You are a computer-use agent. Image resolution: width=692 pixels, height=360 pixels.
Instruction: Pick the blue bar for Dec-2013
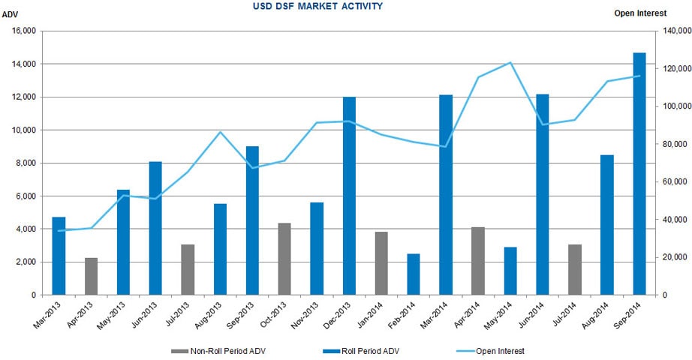pos(349,196)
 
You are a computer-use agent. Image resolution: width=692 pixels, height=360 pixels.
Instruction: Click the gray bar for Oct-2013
pos(284,259)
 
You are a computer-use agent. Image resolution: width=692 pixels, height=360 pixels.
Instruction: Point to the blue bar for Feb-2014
pos(414,274)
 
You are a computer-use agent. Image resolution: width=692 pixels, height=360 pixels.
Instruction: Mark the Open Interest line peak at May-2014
pos(510,62)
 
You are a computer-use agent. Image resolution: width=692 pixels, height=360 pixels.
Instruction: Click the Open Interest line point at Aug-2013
pos(220,132)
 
